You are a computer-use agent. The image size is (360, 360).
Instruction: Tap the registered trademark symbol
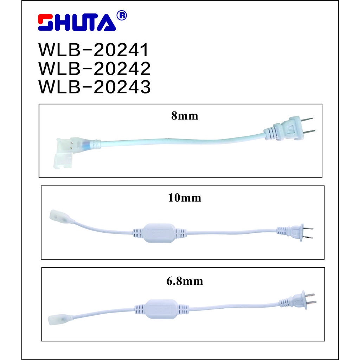[x=122, y=15]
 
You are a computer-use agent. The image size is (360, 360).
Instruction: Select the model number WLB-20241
[x=94, y=50]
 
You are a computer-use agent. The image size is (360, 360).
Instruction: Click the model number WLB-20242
[x=94, y=68]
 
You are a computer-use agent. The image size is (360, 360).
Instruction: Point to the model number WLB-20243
[x=94, y=86]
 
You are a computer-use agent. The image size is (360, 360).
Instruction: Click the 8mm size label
[x=185, y=116]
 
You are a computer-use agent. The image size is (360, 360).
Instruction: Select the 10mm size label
[x=185, y=198]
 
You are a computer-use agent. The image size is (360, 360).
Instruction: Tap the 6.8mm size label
[x=185, y=281]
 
